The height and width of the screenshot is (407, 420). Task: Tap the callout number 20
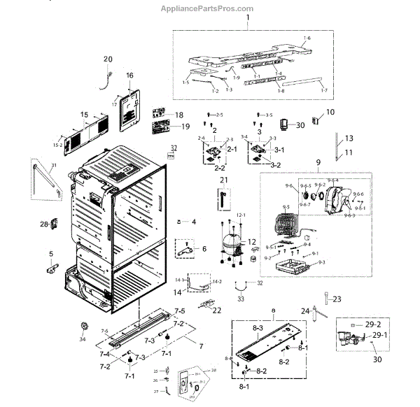click(x=108, y=59)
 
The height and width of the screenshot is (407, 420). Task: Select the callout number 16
click(x=129, y=75)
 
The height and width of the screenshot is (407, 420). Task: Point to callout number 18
click(x=178, y=115)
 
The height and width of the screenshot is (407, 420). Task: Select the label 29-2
click(x=373, y=326)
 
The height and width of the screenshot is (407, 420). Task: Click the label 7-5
click(x=180, y=310)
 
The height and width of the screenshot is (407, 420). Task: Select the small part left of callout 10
click(x=314, y=122)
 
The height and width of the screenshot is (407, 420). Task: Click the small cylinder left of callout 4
click(x=180, y=222)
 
